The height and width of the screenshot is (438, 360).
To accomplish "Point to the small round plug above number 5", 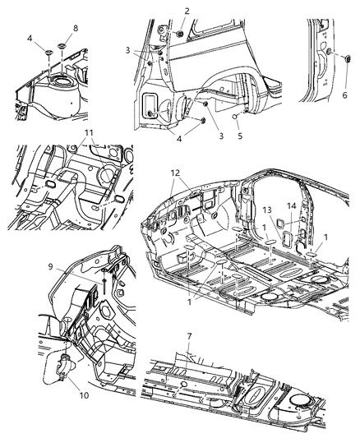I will [x=236, y=117].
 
